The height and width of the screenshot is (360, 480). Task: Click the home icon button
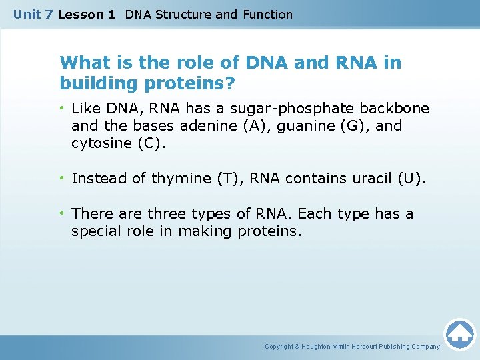point(459,334)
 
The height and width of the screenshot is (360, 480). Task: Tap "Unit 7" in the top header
point(33,15)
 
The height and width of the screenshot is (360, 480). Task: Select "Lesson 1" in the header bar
point(87,15)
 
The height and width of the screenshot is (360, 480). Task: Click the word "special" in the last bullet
point(95,231)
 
